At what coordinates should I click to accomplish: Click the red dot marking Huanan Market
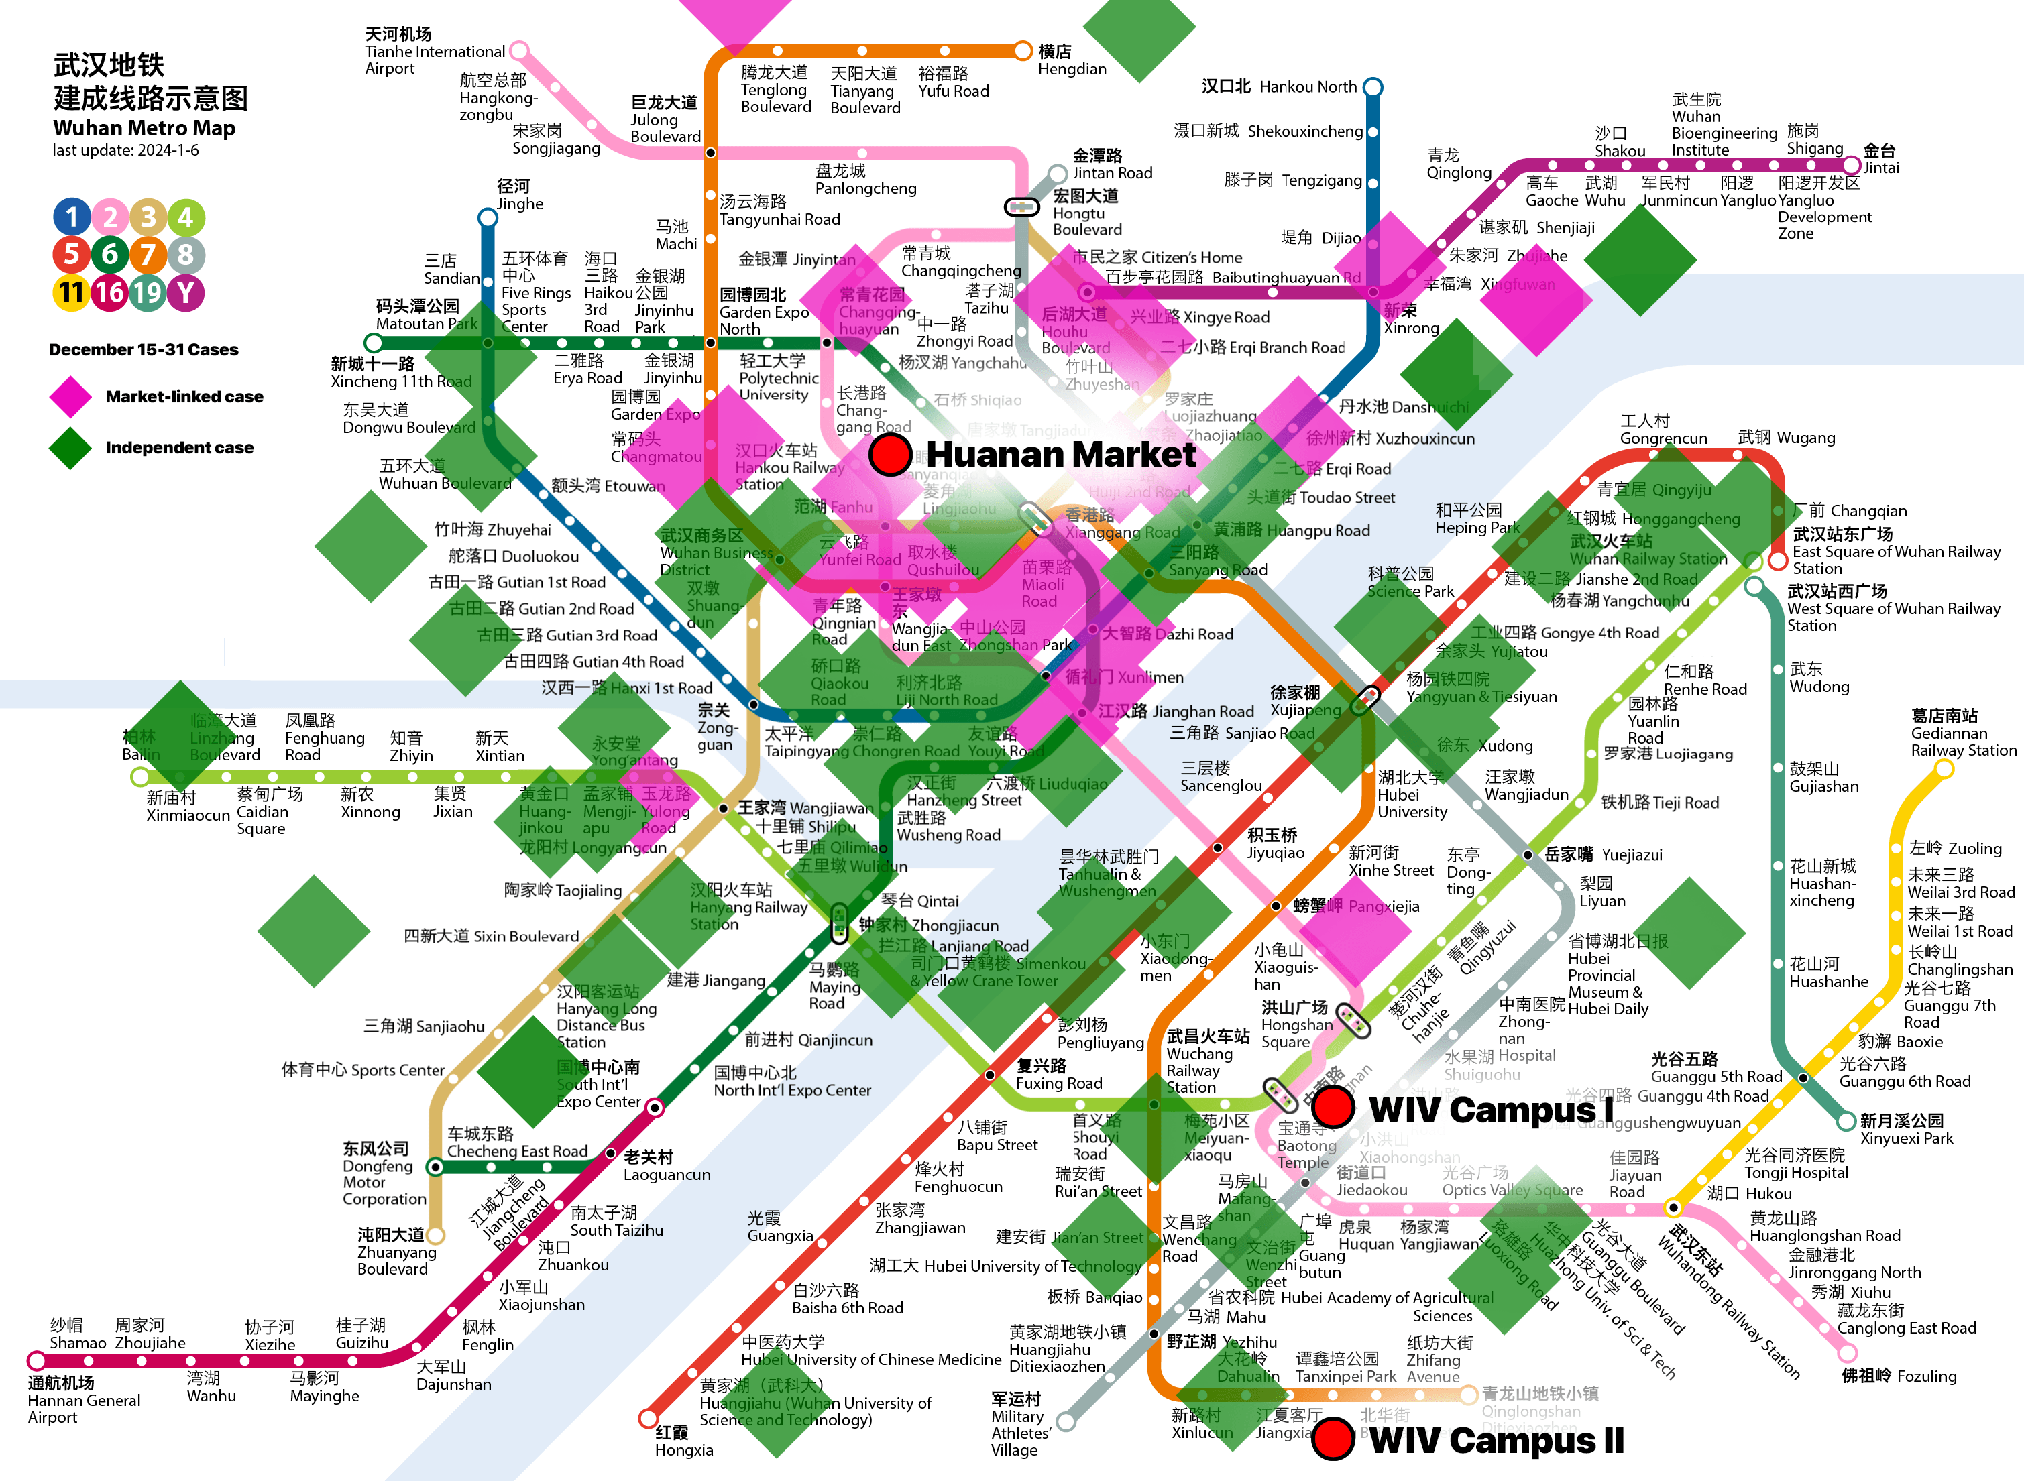click(891, 455)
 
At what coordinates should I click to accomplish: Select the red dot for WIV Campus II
click(1333, 1438)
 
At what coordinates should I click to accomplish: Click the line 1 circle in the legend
click(72, 217)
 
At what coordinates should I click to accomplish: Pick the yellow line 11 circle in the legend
click(72, 292)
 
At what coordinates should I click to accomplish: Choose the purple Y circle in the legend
click(186, 292)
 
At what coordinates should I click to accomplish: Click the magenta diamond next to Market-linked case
click(71, 397)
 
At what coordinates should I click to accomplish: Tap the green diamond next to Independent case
click(71, 447)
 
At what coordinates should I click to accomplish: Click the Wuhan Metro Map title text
click(144, 128)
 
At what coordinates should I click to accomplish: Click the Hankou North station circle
click(1372, 87)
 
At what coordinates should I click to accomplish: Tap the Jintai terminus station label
click(1880, 159)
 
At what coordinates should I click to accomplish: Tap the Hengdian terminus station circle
click(1022, 50)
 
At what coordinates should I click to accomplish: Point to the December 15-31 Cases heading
click(144, 349)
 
